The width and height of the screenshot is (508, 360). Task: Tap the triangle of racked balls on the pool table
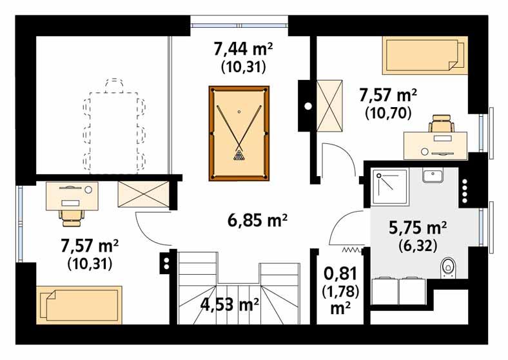(240, 155)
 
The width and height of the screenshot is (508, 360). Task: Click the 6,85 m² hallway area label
(257, 221)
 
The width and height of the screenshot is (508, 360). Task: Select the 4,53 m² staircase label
(230, 303)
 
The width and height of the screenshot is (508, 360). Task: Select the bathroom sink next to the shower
(431, 175)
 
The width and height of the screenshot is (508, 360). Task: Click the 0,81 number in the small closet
(340, 274)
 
